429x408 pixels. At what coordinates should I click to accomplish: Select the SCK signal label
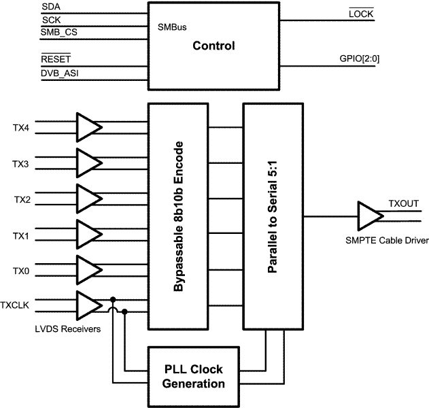point(50,21)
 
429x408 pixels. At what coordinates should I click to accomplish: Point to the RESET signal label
point(56,59)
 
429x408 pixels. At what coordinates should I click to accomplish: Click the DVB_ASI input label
point(58,73)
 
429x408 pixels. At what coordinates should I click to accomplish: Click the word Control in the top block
point(213,46)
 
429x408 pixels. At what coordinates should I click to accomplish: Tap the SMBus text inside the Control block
point(171,29)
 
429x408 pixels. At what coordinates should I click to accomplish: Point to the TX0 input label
point(21,271)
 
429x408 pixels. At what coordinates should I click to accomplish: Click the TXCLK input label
point(15,305)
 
